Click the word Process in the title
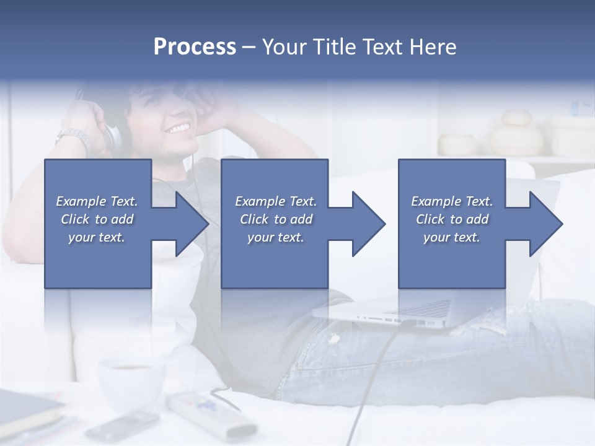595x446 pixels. (195, 47)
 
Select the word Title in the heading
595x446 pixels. (333, 47)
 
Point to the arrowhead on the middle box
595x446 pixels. (366, 224)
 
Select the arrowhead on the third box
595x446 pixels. (543, 224)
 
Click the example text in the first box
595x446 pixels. (97, 219)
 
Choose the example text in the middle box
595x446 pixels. (275, 219)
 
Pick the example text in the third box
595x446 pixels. (452, 219)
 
